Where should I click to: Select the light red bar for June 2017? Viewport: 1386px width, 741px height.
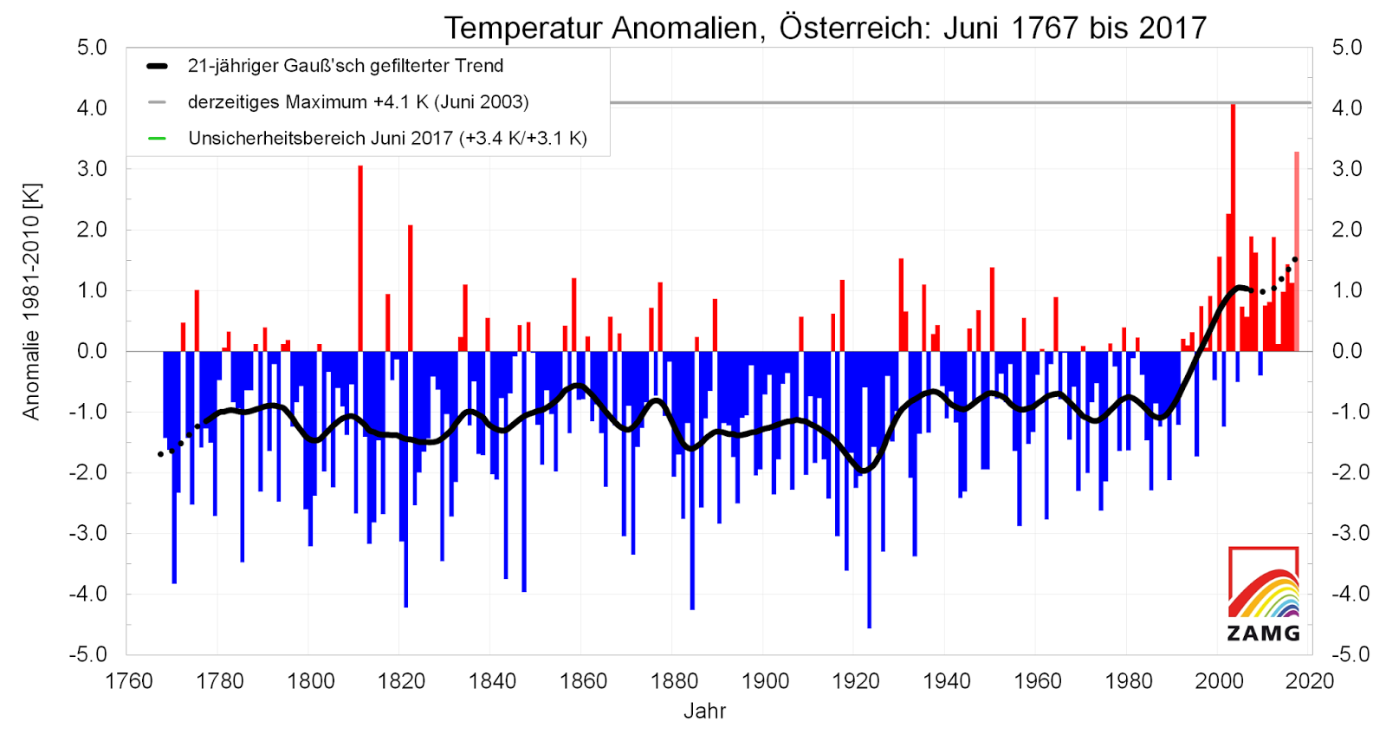coord(1297,251)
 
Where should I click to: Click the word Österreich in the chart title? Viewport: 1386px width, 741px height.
coord(853,28)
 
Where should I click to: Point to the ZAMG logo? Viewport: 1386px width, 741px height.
coord(1264,595)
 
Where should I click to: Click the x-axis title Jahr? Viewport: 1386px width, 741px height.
coord(704,712)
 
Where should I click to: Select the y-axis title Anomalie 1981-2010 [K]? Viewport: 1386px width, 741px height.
coord(31,302)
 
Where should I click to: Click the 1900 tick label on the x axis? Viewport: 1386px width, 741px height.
coord(765,681)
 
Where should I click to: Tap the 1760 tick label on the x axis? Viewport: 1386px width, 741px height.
coord(129,681)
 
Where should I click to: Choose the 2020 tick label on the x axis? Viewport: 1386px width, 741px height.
coord(1309,681)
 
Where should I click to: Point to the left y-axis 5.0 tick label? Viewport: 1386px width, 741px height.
coord(92,48)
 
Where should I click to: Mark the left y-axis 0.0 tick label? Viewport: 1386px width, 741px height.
coord(92,351)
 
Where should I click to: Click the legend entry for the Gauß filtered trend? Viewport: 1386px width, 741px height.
coord(345,66)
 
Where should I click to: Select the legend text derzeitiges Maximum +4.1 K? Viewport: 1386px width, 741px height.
coord(358,102)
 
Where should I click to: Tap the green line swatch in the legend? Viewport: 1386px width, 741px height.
coord(157,139)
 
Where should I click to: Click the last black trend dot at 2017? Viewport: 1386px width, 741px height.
coord(1295,259)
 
